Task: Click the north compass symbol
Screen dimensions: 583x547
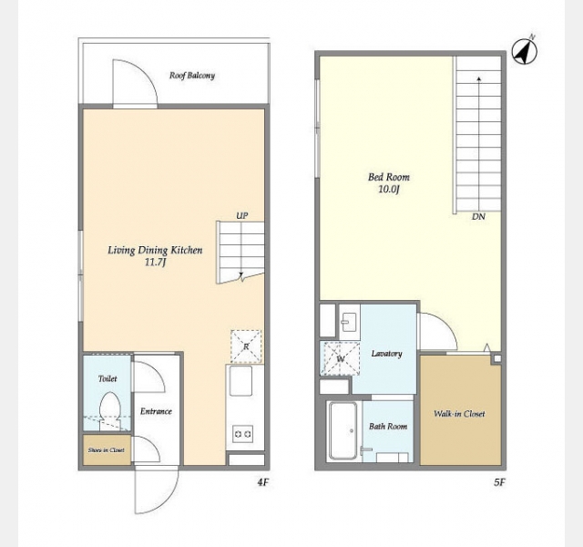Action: click(x=525, y=51)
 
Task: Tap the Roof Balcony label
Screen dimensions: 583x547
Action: click(x=192, y=76)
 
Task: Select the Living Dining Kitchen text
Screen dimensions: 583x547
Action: click(x=155, y=250)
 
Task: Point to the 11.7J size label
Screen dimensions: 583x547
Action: click(x=155, y=263)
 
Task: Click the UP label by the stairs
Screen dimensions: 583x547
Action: click(x=242, y=215)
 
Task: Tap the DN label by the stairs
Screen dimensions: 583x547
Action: click(x=478, y=216)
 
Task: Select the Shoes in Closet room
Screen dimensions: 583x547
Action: click(x=107, y=449)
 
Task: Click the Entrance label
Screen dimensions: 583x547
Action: click(x=156, y=411)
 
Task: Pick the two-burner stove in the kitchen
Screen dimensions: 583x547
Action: click(x=243, y=434)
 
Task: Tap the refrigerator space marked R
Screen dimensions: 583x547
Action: click(x=246, y=346)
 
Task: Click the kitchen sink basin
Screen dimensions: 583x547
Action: click(x=240, y=381)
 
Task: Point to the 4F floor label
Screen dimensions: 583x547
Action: click(x=263, y=482)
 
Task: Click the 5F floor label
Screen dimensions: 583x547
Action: click(x=500, y=482)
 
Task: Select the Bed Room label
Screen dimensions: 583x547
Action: click(x=389, y=177)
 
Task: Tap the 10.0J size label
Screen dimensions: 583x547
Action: click(x=389, y=189)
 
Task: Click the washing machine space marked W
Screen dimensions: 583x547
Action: click(x=341, y=358)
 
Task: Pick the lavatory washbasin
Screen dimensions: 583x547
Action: click(x=349, y=322)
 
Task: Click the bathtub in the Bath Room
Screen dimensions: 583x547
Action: click(x=343, y=430)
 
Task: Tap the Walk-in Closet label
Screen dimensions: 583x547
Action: click(x=459, y=414)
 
